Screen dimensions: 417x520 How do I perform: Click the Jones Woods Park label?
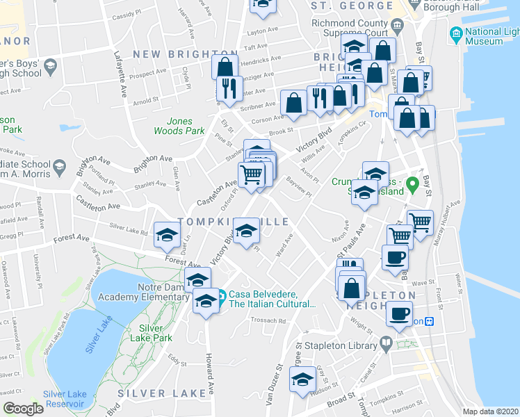tap(179, 126)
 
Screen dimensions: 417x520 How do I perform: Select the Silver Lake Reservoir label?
tap(65, 399)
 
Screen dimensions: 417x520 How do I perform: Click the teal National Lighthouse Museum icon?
tap(456, 33)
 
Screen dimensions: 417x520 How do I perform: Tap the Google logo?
tap(23, 409)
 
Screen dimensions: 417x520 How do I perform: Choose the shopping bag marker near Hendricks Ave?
tap(225, 69)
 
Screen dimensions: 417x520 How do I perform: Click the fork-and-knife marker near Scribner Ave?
tap(227, 88)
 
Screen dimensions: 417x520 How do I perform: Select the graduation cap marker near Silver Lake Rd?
tap(168, 235)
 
